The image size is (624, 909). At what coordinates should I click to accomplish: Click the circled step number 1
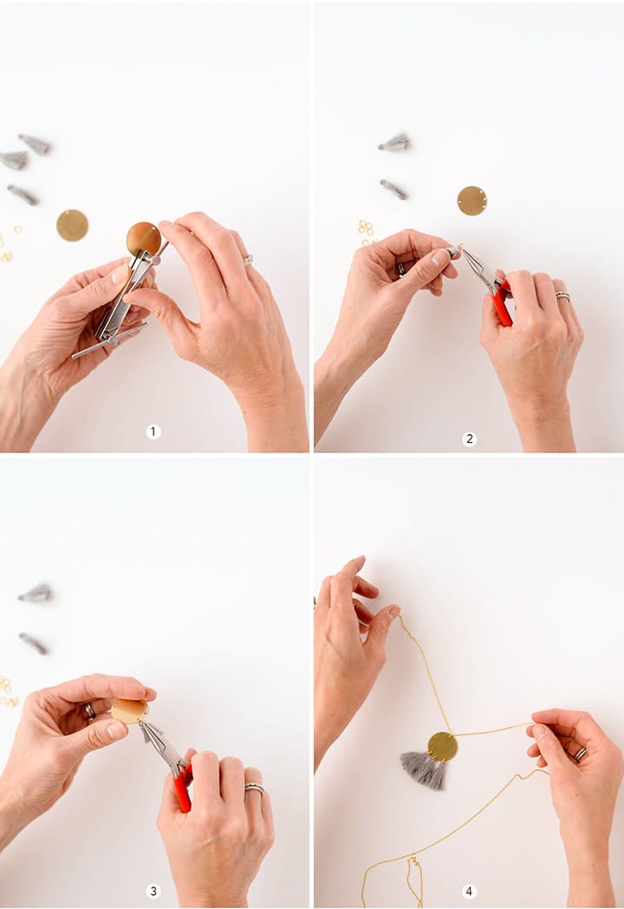(x=153, y=432)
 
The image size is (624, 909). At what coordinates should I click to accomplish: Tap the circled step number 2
(x=469, y=439)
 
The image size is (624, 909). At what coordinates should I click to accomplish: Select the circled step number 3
(x=153, y=891)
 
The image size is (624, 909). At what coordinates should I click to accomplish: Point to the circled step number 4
(x=469, y=891)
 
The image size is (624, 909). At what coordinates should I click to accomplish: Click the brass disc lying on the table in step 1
(x=72, y=225)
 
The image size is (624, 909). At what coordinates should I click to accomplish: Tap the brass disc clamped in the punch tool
(x=143, y=238)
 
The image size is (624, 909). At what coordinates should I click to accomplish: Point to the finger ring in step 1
(x=247, y=259)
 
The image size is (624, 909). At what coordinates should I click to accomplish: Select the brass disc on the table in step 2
(x=471, y=200)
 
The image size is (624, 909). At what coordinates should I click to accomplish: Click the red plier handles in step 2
(x=502, y=305)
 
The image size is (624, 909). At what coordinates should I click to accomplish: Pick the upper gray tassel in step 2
(x=395, y=143)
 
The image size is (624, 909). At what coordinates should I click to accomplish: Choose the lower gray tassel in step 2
(x=393, y=189)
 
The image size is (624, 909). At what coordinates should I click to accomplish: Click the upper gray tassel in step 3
(x=36, y=594)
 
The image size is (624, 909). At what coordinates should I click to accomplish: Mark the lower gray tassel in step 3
(x=35, y=643)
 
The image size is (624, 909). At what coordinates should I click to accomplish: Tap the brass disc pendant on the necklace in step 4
(x=442, y=745)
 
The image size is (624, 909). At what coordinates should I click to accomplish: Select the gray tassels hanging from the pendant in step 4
(x=424, y=769)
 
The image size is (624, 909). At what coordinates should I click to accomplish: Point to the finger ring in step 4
(x=580, y=754)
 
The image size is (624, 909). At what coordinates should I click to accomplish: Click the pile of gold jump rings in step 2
(x=366, y=229)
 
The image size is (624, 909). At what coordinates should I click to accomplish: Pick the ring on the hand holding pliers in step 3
(x=254, y=789)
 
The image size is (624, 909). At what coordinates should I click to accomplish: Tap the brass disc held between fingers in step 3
(x=129, y=711)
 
